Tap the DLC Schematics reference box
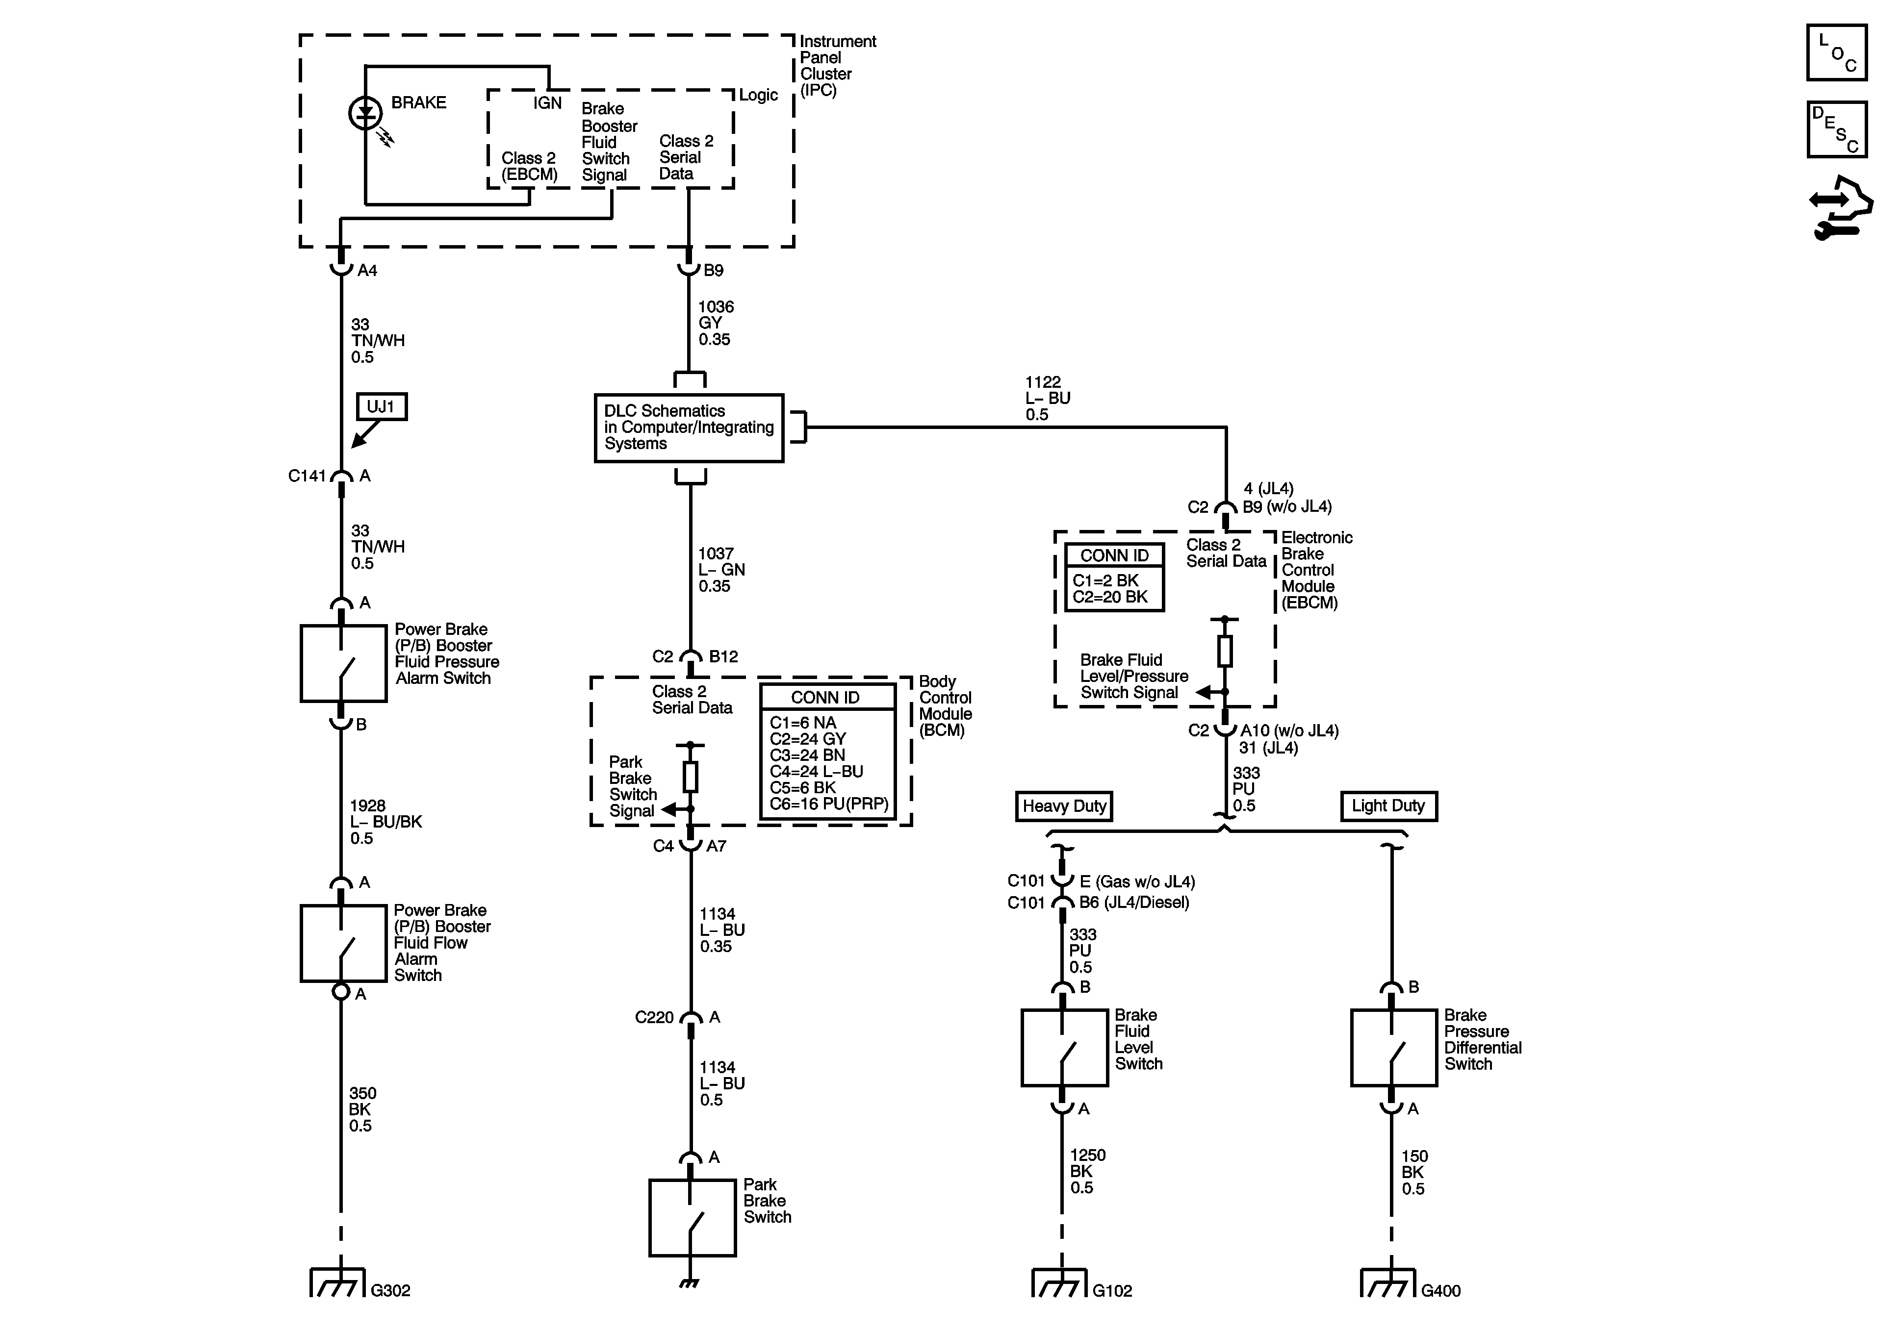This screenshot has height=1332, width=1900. point(689,427)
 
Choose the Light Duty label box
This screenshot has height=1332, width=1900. point(1388,806)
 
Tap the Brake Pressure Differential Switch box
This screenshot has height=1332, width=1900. point(1393,1047)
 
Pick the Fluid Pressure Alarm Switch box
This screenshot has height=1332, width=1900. point(343,663)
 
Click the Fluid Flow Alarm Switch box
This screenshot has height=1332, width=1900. point(343,943)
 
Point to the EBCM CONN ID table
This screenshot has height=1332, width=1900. point(1114,577)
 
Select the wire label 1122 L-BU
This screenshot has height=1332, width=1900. point(1047,398)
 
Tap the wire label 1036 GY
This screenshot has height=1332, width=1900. point(715,323)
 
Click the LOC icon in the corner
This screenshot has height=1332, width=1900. point(1836,53)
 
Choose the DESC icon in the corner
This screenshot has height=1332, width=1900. point(1836,129)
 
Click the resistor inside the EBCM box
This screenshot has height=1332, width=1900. point(1225,651)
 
